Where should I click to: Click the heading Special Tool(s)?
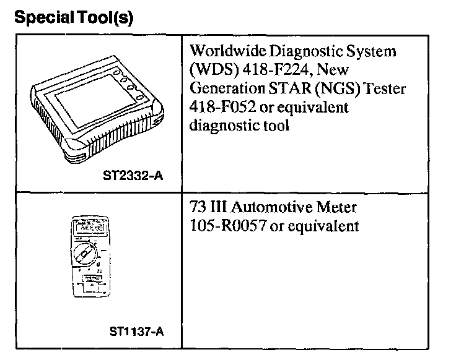pos(73,18)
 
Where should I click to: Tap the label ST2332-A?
pos(133,176)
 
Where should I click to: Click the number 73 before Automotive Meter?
pos(196,207)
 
